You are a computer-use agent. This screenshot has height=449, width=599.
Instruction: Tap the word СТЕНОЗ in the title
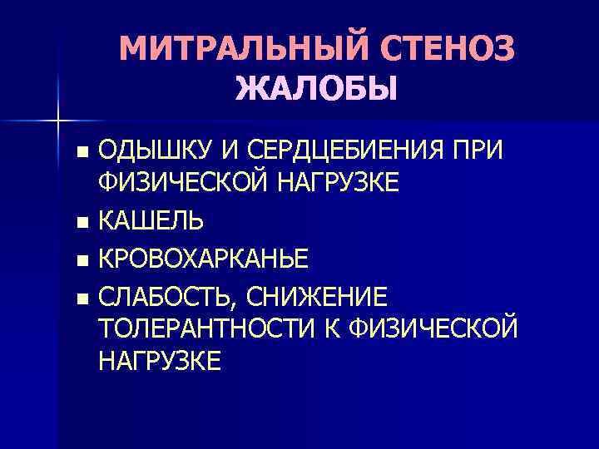pos(446,50)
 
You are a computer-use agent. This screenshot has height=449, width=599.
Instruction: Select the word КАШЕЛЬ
pos(151,220)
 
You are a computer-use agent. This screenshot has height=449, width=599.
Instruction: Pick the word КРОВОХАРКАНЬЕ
pos(203,259)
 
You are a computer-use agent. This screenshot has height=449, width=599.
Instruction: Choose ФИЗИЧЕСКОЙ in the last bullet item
pos(431,328)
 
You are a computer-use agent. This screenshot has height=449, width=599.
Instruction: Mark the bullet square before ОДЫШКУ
pos(81,152)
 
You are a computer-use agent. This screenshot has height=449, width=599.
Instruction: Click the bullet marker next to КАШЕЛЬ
pos(81,223)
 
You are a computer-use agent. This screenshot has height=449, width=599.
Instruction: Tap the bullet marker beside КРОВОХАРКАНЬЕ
pos(81,261)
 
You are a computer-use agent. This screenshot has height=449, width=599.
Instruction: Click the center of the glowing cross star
pos(58,121)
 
